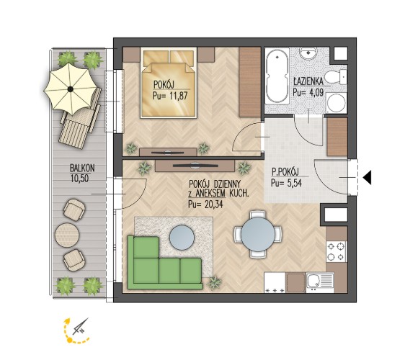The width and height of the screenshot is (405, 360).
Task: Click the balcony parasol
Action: (x=71, y=89)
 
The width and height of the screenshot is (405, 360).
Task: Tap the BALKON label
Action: (x=82, y=168)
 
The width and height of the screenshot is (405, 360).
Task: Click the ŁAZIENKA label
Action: (x=308, y=81)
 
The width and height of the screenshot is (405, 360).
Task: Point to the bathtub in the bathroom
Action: (x=277, y=76)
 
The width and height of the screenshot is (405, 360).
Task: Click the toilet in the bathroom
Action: (x=335, y=76)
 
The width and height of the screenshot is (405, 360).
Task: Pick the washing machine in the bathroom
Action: (x=336, y=103)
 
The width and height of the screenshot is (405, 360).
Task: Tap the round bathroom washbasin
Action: (x=308, y=53)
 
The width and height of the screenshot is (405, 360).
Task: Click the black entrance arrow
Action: (x=368, y=177)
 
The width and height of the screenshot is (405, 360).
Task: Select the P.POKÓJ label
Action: (x=285, y=171)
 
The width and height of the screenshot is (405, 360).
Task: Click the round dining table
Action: (x=258, y=234)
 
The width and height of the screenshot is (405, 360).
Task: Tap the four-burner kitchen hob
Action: (x=336, y=251)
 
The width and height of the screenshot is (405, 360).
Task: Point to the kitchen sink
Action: (x=320, y=282)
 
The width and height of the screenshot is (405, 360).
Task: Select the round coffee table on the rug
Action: (x=182, y=238)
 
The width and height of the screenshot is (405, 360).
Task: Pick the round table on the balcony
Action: (x=67, y=235)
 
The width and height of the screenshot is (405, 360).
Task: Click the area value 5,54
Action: (x=294, y=183)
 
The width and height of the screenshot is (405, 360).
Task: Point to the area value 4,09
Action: (x=316, y=92)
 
